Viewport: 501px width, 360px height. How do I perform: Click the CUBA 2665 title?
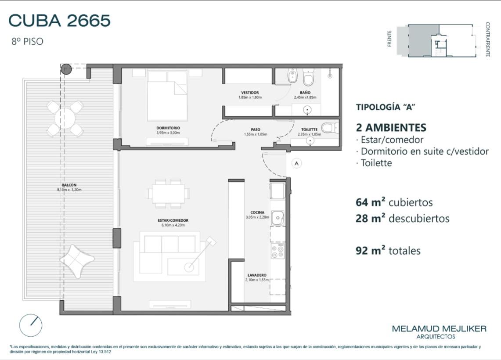(x=59, y=21)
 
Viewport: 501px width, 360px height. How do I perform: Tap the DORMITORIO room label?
(x=168, y=128)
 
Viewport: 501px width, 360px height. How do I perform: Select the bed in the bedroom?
(x=167, y=96)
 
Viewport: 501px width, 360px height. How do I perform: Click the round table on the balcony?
(x=65, y=118)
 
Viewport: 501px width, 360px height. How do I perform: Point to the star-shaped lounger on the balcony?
(x=77, y=261)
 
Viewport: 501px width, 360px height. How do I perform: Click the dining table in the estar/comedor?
(x=168, y=194)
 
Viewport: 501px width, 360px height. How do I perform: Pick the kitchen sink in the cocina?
(x=278, y=218)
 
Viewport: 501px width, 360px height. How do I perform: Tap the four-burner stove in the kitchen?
(x=278, y=251)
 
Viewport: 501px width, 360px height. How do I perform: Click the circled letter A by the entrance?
(x=296, y=164)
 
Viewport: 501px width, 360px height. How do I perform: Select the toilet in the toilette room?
(x=329, y=128)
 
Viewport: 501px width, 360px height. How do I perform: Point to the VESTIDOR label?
(x=250, y=93)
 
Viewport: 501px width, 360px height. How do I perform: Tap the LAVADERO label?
(x=257, y=275)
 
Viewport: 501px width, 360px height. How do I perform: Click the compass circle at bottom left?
(x=31, y=325)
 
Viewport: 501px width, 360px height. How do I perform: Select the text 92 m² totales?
(x=388, y=250)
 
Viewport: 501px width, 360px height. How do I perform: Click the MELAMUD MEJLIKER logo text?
(x=439, y=329)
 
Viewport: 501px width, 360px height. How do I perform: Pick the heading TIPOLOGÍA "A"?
(x=386, y=107)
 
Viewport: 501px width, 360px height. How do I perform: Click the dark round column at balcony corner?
(x=66, y=69)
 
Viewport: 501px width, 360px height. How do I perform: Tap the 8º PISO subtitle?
(x=27, y=42)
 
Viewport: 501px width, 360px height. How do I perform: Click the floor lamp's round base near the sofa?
(x=189, y=267)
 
